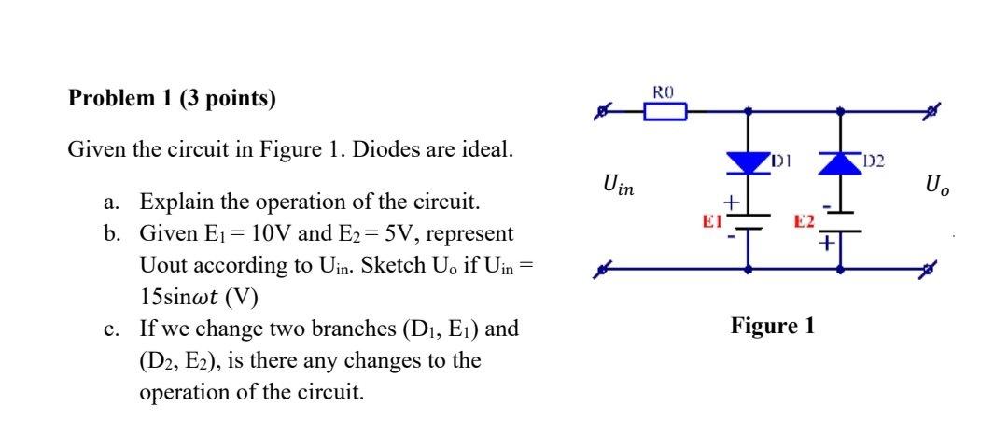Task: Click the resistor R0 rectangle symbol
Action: [x=665, y=113]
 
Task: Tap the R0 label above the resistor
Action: [x=664, y=92]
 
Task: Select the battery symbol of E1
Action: [x=747, y=220]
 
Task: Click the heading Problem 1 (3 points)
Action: [x=173, y=99]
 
